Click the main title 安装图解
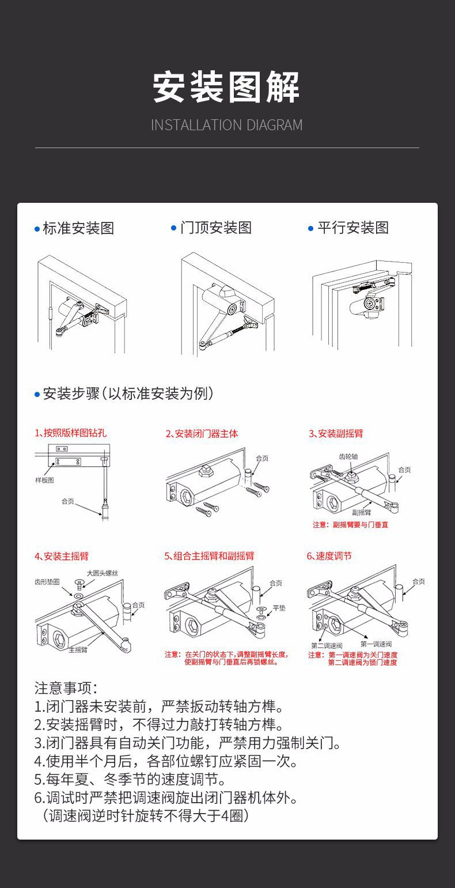[x=226, y=88]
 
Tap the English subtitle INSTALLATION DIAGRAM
[x=226, y=125]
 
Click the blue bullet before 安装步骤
[x=37, y=395]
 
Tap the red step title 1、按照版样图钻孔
[x=70, y=433]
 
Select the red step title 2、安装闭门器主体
[x=202, y=433]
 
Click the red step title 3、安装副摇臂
[x=336, y=433]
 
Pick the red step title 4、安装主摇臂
[x=62, y=556]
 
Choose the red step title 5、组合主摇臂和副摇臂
[x=209, y=556]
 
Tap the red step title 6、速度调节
[x=329, y=556]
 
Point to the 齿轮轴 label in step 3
[x=348, y=456]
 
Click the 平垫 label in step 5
[x=279, y=608]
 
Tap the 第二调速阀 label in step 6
[x=327, y=645]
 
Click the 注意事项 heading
[x=66, y=688]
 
